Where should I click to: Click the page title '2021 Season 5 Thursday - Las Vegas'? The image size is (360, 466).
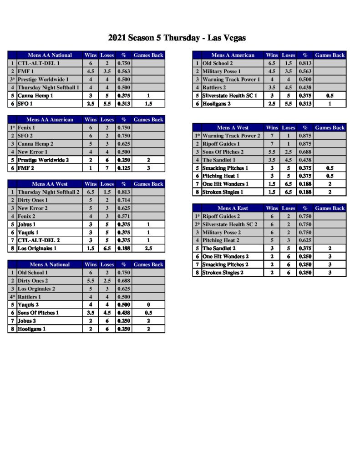pos(177,38)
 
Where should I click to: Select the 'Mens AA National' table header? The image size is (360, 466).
pos(50,56)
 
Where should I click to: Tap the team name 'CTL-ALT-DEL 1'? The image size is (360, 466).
pos(39,64)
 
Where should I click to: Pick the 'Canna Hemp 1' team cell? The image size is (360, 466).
pos(35,96)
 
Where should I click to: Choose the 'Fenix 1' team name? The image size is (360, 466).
pos(26,128)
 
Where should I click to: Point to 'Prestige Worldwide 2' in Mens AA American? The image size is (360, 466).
pos(43,160)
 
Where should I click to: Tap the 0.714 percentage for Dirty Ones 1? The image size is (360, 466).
pos(123,200)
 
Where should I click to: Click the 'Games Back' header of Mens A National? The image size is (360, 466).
pos(148,264)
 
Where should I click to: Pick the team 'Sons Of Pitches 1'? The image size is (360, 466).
pos(38,313)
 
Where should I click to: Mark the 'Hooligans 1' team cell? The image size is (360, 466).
pos(32,329)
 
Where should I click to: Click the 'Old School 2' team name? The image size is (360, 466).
pos(218,64)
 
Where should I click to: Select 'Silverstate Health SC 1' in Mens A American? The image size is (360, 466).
pos(230,96)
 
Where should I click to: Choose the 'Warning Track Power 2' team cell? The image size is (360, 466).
pos(231,136)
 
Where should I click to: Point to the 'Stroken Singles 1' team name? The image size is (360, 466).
pos(223,192)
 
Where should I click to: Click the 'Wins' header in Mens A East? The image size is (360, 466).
pos(272,208)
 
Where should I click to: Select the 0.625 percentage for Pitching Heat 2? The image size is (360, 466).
pos(305,240)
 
